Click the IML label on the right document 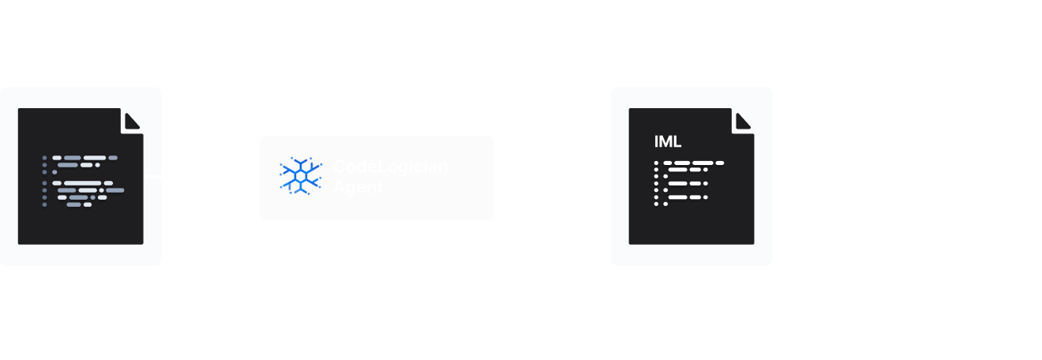pos(667,142)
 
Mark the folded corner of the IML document pos(743,121)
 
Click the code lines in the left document pos(83,182)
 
